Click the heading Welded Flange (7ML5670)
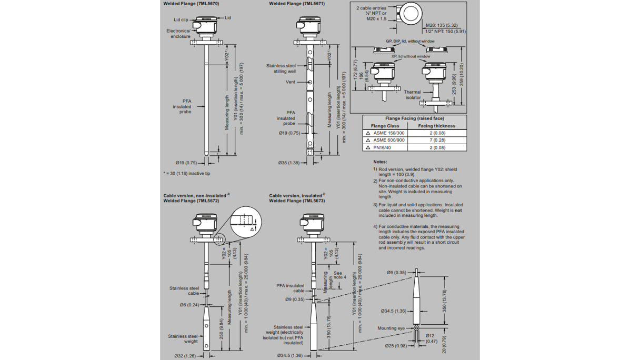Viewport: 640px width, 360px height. coord(191,4)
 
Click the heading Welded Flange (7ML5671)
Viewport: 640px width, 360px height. coord(297,4)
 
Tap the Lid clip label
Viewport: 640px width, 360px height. coord(181,20)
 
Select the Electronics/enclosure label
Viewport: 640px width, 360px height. coord(178,34)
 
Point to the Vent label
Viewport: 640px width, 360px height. coord(291,82)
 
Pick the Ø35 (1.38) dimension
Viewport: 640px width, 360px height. coord(289,163)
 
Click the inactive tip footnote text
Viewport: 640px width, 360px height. coord(187,174)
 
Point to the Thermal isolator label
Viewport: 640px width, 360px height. coord(412,95)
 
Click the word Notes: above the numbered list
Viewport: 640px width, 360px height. coord(380,162)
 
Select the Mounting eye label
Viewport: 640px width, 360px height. coord(391,328)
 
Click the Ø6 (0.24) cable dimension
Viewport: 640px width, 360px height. coord(189,305)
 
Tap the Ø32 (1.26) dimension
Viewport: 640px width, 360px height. coord(185,356)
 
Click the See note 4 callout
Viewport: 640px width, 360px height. coord(338,275)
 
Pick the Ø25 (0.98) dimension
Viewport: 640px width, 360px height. coord(396,346)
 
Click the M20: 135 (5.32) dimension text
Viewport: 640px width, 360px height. coord(441,25)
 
